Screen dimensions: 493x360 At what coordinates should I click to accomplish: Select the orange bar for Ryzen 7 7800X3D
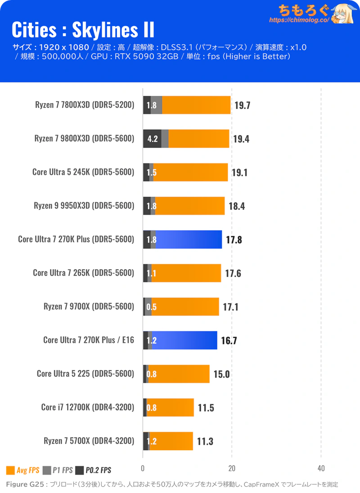(196, 105)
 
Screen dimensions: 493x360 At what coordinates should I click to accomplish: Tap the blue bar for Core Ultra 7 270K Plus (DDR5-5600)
(189, 240)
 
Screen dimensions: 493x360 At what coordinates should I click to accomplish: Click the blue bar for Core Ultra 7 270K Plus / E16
(184, 340)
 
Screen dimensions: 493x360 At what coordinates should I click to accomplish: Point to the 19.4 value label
(241, 139)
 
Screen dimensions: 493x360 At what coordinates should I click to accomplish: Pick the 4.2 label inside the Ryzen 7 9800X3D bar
(152, 139)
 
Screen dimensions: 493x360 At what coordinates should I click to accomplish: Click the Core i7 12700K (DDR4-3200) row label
(88, 407)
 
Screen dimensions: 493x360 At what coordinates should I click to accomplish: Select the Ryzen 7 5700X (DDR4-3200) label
(89, 441)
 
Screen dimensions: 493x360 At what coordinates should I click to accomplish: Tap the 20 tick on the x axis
(232, 468)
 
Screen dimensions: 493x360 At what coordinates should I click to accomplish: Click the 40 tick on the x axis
(321, 468)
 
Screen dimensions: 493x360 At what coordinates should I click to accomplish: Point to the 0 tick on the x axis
(143, 468)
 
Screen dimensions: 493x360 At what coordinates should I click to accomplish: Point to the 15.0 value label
(221, 374)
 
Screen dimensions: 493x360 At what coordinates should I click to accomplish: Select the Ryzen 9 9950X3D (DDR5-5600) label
(84, 206)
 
